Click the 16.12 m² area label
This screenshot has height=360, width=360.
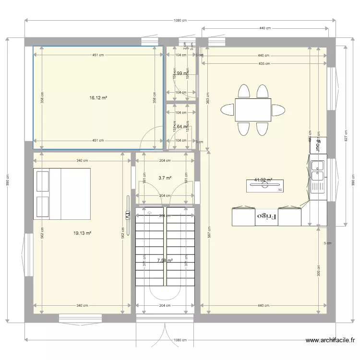pos(98,97)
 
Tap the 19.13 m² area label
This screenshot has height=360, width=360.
pos(82,233)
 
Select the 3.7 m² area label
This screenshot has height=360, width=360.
pos(165,178)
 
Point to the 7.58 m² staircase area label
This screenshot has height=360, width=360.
pos(165,261)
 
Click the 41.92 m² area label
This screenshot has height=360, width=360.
pos(263,180)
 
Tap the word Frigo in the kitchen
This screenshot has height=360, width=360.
pos(267,216)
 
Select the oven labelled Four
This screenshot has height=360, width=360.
pos(318,145)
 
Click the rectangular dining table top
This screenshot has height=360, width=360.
pos(252,110)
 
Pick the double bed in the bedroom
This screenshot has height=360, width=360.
pos(61,193)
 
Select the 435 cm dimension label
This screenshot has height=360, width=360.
pos(263,63)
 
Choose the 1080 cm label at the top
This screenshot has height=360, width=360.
pos(180,20)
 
